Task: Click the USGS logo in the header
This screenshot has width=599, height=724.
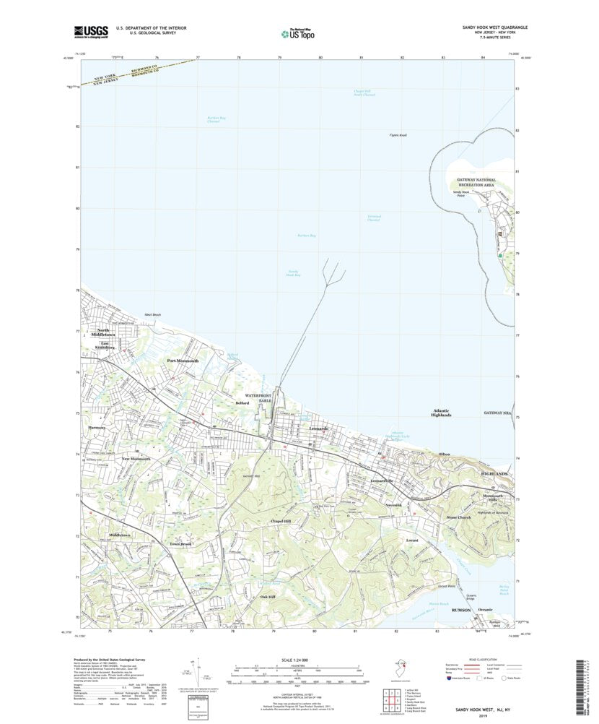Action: tap(90, 31)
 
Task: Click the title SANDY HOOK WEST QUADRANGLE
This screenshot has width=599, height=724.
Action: tap(494, 26)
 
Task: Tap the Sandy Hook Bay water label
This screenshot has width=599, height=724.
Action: tap(273, 273)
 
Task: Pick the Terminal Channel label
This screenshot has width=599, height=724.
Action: tap(373, 217)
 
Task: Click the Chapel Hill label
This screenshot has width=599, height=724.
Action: tap(280, 521)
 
